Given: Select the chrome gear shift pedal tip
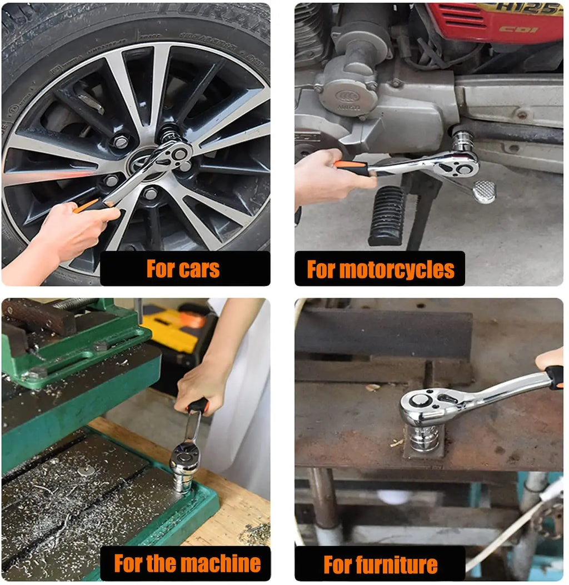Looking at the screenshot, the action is (485, 192).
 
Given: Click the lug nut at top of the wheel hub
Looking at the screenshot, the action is (121, 142).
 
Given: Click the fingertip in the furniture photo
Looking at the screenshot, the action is (548, 358).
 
